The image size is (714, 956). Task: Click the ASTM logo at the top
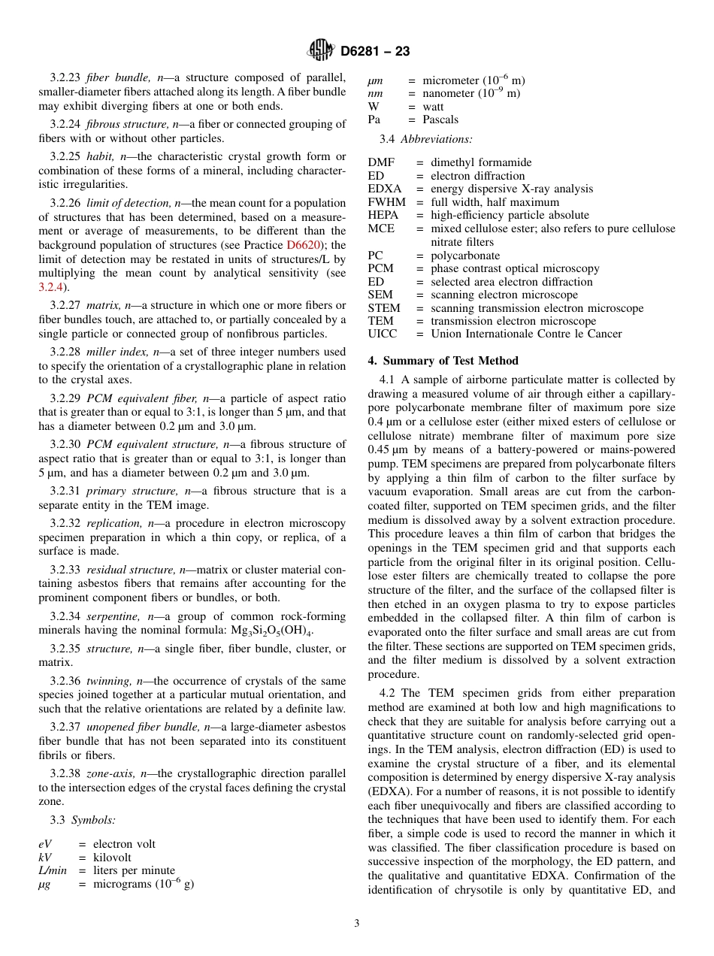point(321,51)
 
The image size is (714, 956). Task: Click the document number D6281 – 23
point(375,52)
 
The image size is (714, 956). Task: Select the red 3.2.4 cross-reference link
point(49,286)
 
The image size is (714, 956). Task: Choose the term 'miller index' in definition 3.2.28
point(118,352)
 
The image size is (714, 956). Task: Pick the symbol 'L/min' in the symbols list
point(53,870)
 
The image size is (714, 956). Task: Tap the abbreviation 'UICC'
point(383,334)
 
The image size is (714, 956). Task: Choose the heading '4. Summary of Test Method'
point(443,361)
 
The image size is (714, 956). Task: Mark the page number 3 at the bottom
point(357,924)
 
